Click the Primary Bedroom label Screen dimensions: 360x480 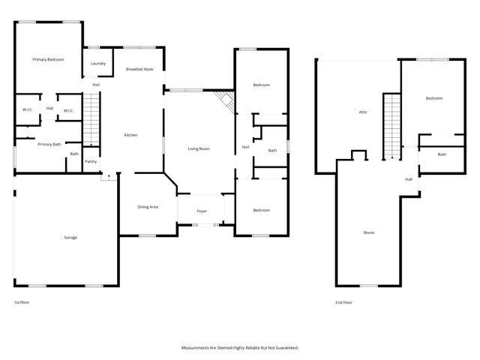(x=47, y=59)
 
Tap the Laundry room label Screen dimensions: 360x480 (x=97, y=64)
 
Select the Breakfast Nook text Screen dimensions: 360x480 (x=139, y=68)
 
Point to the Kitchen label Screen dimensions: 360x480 (x=130, y=134)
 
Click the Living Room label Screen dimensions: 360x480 (x=199, y=148)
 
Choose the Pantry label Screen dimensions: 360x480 (x=91, y=161)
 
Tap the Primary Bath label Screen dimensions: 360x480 (x=49, y=144)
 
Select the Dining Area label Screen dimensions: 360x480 (x=147, y=206)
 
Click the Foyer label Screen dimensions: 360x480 (x=202, y=211)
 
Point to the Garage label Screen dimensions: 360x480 (x=70, y=237)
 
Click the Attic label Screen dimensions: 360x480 (x=362, y=112)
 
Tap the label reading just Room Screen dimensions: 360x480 (x=368, y=232)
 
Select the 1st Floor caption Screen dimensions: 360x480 (x=22, y=302)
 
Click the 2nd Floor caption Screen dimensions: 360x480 (x=343, y=302)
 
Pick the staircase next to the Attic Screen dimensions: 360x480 (x=392, y=125)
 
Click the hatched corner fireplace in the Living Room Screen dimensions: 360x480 (x=223, y=100)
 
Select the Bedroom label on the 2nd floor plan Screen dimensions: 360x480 (x=434, y=98)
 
